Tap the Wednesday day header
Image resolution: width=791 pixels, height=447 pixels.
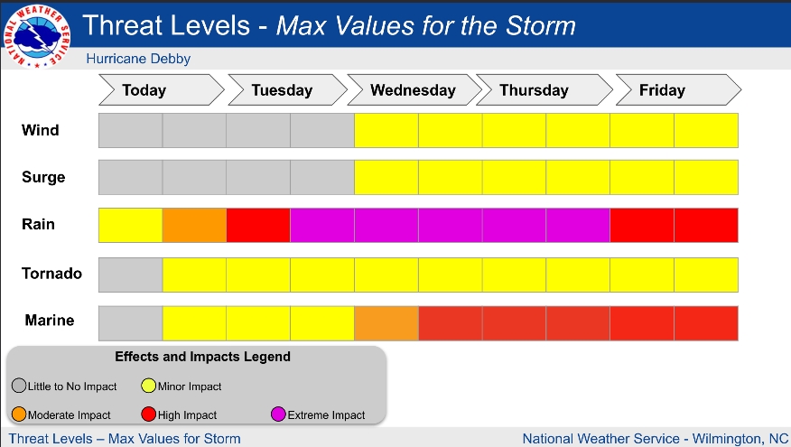(413, 90)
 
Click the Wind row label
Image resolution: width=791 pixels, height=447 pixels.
(41, 130)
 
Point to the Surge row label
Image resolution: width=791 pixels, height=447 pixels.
(43, 178)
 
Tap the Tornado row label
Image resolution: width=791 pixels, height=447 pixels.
(52, 274)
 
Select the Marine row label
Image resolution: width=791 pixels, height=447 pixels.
(50, 321)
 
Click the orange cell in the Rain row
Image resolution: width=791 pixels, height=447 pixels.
(194, 225)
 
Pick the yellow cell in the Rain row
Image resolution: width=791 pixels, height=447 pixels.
(130, 225)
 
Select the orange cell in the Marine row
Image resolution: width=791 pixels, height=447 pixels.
(386, 323)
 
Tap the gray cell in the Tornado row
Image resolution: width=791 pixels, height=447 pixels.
(130, 275)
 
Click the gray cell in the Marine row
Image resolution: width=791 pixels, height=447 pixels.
(130, 323)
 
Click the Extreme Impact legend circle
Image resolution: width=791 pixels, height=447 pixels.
(279, 414)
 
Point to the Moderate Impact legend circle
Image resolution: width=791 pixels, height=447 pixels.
(19, 414)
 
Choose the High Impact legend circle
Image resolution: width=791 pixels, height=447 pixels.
(149, 414)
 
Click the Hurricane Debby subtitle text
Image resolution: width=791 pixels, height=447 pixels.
(138, 60)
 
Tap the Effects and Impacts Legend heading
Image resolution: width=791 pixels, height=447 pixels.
(202, 357)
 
